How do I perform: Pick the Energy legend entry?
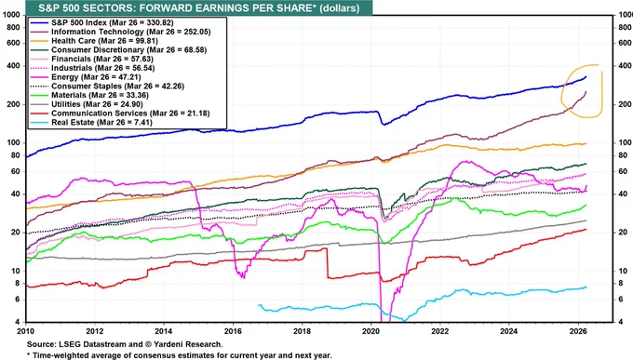tap(101, 76)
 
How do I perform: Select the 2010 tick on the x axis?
tap(26, 331)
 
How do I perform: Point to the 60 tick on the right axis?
tap(622, 171)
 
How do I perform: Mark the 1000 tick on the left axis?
tap(11, 15)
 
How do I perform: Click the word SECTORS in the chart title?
tap(105, 7)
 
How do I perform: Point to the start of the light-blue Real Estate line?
tap(259, 305)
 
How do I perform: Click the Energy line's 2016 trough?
tap(243, 276)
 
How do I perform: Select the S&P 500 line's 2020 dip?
tap(384, 124)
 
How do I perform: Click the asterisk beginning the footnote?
tap(28, 354)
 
